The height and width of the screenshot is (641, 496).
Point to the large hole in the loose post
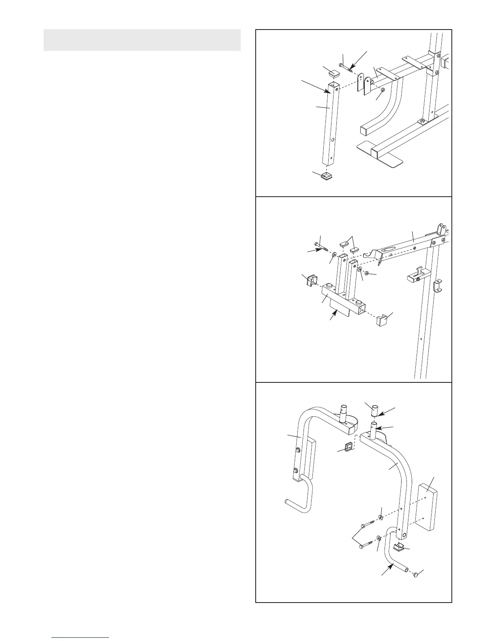coord(333,140)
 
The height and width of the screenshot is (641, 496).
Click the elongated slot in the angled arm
coord(390,249)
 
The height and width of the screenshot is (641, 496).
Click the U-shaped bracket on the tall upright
coord(438,286)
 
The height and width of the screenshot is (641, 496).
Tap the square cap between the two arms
coord(348,448)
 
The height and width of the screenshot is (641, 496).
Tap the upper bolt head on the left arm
coord(297,450)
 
